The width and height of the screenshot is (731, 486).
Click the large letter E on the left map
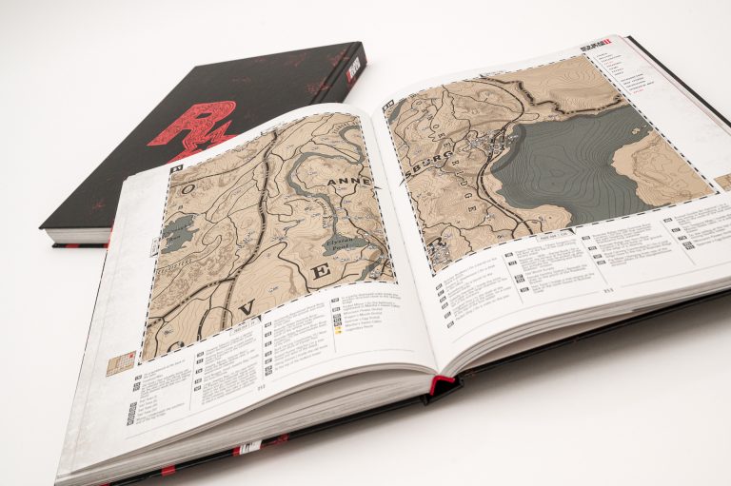(322, 272)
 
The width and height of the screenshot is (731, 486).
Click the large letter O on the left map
(188, 189)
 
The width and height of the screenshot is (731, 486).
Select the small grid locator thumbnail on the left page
(120, 362)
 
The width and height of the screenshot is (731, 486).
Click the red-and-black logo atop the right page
(596, 46)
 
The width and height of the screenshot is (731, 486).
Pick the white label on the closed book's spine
(353, 68)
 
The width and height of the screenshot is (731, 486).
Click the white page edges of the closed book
(76, 234)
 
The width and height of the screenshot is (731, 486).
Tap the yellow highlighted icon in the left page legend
(338, 333)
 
